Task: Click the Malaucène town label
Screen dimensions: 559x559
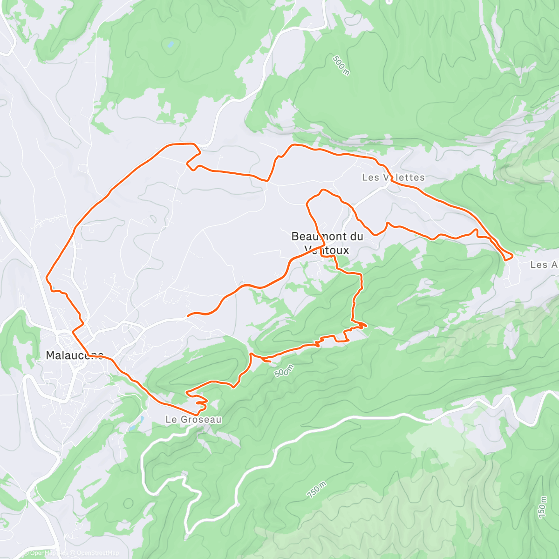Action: (75, 355)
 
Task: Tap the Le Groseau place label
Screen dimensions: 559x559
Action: (193, 419)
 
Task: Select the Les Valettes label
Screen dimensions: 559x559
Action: (393, 177)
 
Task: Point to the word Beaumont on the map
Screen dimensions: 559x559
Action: (314, 236)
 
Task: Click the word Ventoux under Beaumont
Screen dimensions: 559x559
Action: (327, 250)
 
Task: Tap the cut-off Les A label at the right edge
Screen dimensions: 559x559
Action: (544, 265)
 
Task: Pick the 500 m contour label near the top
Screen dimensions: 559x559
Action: (341, 65)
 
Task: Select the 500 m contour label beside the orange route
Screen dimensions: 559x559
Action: (284, 371)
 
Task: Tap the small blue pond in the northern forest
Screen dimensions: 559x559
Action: (170, 45)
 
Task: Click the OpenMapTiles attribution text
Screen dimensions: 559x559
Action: (49, 553)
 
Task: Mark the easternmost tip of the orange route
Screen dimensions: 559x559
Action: (512, 255)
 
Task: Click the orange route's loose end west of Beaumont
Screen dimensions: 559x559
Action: (187, 316)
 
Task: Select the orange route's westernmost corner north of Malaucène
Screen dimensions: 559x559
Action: (47, 279)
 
